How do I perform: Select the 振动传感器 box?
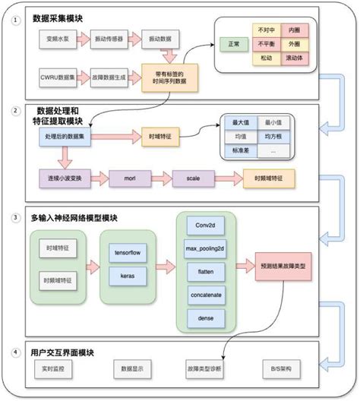pos(109,36)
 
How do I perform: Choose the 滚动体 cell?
pos(292,57)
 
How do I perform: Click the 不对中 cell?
pos(266,30)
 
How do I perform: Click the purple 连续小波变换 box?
pos(65,179)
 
